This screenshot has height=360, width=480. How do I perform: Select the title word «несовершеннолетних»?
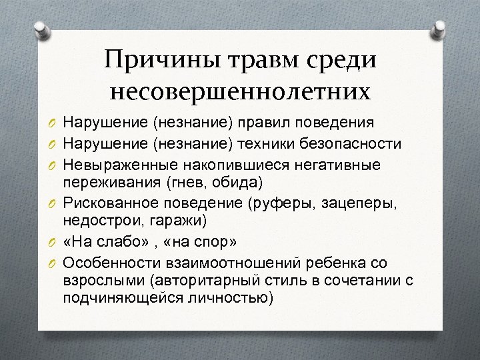240,92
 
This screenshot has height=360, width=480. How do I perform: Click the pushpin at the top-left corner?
40,30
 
